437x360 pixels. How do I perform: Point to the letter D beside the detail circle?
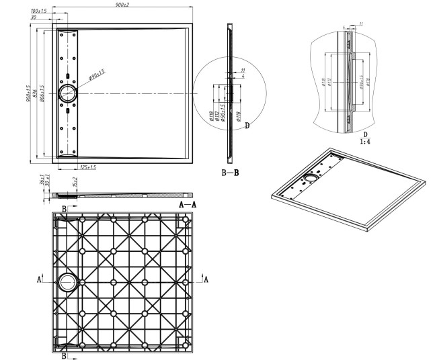247,126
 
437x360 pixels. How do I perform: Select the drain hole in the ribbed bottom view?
68,282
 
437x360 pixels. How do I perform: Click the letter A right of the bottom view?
206,279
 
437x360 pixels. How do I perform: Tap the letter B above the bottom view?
65,210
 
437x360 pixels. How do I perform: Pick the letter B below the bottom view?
65,355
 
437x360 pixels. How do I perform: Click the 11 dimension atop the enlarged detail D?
360,24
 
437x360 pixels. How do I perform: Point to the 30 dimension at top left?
34,18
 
